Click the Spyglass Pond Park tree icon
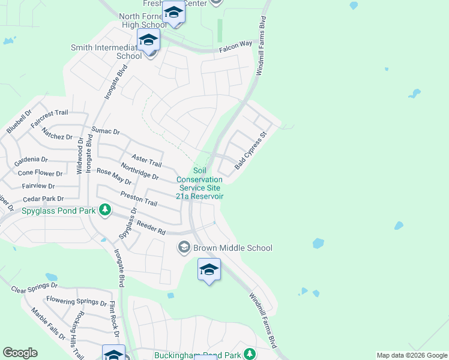(106, 210)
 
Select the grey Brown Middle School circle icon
(184, 247)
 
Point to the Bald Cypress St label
(250, 150)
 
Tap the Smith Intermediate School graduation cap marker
(148, 41)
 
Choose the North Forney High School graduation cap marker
(173, 12)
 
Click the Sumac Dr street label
(106, 131)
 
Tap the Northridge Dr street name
(139, 172)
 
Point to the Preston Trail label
(139, 199)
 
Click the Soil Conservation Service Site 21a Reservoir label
(200, 184)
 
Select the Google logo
(20, 353)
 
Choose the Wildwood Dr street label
(79, 155)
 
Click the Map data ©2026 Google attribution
(411, 355)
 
